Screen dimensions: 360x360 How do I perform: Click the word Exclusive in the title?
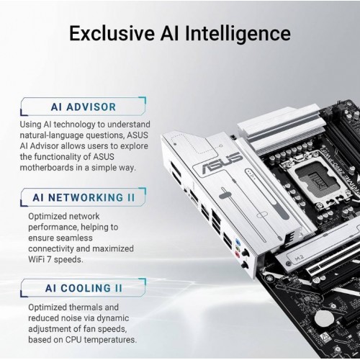click(x=112, y=33)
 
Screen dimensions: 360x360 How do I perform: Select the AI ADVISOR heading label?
click(x=84, y=107)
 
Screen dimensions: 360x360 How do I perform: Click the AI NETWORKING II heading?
click(x=84, y=197)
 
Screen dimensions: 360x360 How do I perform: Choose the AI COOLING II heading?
click(x=84, y=288)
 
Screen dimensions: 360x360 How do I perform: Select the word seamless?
click(x=74, y=238)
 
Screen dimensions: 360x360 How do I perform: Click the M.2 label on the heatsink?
click(x=299, y=258)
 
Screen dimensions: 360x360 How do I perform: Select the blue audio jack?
click(x=238, y=241)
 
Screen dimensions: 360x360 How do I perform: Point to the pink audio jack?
click(x=238, y=254)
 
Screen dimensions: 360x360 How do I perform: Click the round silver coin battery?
click(x=323, y=319)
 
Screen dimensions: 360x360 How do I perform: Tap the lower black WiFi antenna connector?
click(x=245, y=265)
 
